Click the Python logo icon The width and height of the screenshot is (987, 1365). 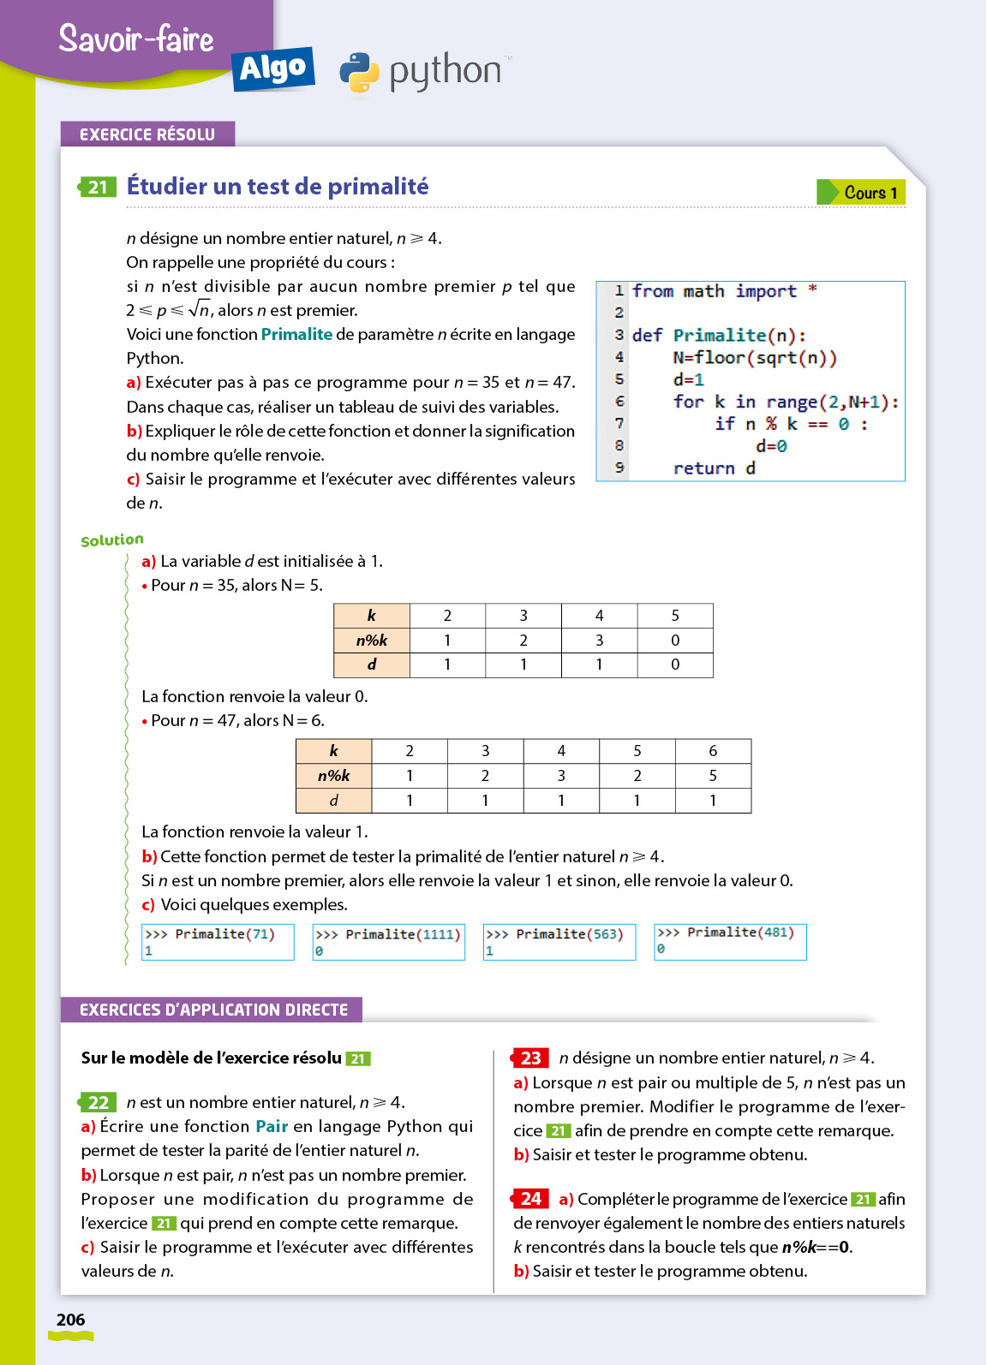click(360, 73)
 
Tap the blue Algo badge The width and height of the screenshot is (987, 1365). click(272, 69)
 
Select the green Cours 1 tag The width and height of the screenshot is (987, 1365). click(861, 193)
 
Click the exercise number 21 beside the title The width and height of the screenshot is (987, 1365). click(98, 187)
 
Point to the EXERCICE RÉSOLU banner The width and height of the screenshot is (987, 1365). click(147, 134)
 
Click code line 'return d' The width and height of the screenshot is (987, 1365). click(714, 468)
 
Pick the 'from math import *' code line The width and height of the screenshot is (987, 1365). click(724, 291)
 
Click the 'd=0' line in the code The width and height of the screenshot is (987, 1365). click(771, 445)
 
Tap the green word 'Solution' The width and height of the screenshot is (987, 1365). click(112, 539)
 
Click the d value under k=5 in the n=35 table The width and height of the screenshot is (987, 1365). click(675, 665)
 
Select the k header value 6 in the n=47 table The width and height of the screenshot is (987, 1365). click(713, 751)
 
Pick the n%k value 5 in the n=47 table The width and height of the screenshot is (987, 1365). click(713, 776)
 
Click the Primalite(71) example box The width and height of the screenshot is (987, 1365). click(218, 942)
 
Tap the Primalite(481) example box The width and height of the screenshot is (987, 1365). click(730, 941)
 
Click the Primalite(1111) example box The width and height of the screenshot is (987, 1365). click(388, 942)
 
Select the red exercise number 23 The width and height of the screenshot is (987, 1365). click(530, 1058)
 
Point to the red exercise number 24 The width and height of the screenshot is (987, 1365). click(530, 1199)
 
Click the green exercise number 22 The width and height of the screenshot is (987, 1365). click(99, 1102)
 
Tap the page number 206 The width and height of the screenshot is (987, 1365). click(70, 1320)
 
